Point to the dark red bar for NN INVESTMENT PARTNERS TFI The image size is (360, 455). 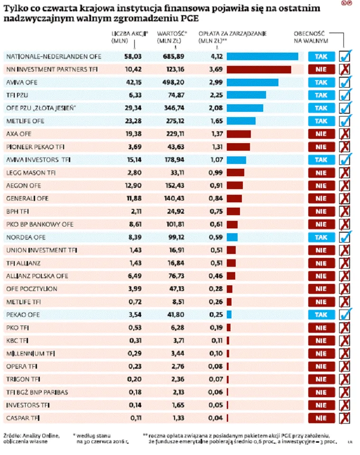(x=259, y=69)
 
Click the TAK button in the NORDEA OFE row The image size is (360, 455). (x=321, y=237)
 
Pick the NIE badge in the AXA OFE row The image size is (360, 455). (x=321, y=134)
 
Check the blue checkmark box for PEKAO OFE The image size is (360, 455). (x=345, y=314)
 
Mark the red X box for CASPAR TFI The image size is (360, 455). (x=345, y=418)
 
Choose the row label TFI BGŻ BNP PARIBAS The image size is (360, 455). (x=37, y=392)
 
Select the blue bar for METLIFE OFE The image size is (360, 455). (x=241, y=121)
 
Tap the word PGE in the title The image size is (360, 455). (x=190, y=19)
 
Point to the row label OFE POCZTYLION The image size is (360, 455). (x=31, y=289)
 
